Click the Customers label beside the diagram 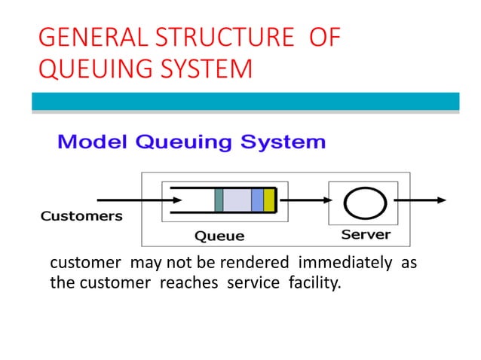81,216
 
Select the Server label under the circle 366,234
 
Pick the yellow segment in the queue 269,200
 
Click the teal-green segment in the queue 219,200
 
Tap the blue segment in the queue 257,200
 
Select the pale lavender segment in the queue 237,200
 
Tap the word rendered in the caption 259,264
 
